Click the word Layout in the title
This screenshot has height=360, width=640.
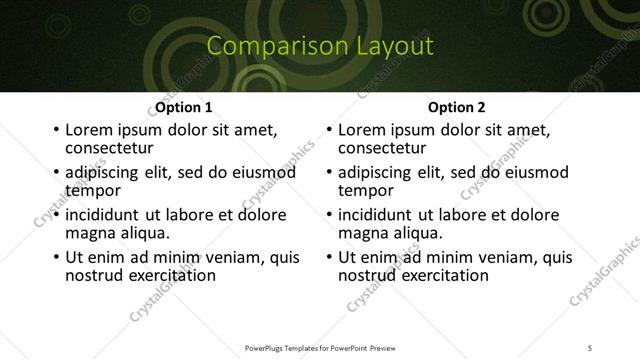(399, 46)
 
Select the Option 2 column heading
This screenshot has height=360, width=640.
(456, 107)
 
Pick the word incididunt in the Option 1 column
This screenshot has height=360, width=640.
(104, 215)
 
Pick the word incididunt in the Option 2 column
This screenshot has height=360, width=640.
(377, 215)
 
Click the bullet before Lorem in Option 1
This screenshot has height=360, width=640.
(55, 131)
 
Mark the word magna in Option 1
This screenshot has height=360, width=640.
(88, 232)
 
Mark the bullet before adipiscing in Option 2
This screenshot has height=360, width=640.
(328, 173)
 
